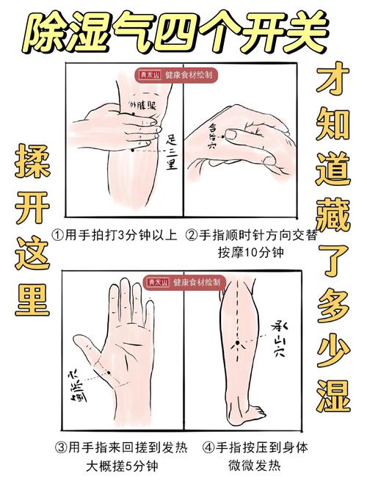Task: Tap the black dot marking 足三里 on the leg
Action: (x=132, y=149)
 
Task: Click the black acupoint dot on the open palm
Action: (x=109, y=372)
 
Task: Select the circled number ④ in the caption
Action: (x=209, y=447)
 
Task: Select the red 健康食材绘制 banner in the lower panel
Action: (x=183, y=281)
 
